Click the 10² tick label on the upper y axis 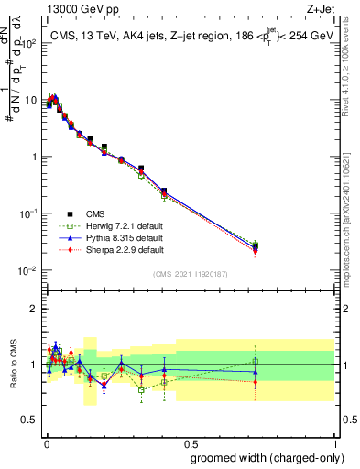tap(30, 43)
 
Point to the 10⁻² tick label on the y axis tap(30, 270)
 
